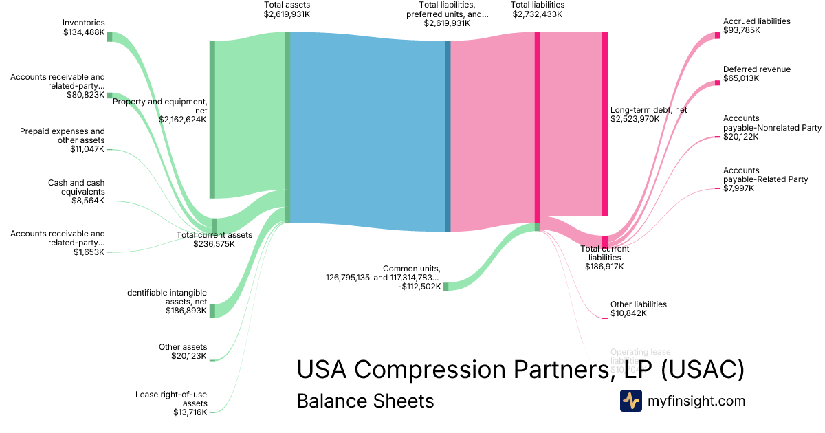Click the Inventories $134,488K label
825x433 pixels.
click(x=83, y=27)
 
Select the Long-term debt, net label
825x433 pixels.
click(x=648, y=114)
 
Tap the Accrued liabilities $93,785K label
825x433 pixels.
click(x=756, y=26)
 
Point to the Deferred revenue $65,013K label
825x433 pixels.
click(x=756, y=74)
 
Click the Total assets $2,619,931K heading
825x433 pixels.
click(x=287, y=10)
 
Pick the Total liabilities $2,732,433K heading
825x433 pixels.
click(x=537, y=10)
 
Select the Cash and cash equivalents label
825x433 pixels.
click(x=76, y=192)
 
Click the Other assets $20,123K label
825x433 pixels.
click(x=182, y=351)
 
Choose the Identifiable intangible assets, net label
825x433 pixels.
click(x=166, y=302)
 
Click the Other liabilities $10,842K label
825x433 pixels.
click(x=638, y=309)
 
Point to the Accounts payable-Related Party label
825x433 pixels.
click(x=765, y=179)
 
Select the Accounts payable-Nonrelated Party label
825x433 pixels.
click(x=771, y=127)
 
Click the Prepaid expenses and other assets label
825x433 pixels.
click(x=63, y=140)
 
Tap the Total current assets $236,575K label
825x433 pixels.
click(x=214, y=239)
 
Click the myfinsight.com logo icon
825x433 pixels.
click(x=630, y=401)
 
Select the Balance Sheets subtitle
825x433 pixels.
click(x=365, y=401)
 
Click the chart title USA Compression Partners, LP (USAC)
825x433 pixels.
click(x=520, y=370)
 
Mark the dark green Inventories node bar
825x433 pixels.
click(x=109, y=36)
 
